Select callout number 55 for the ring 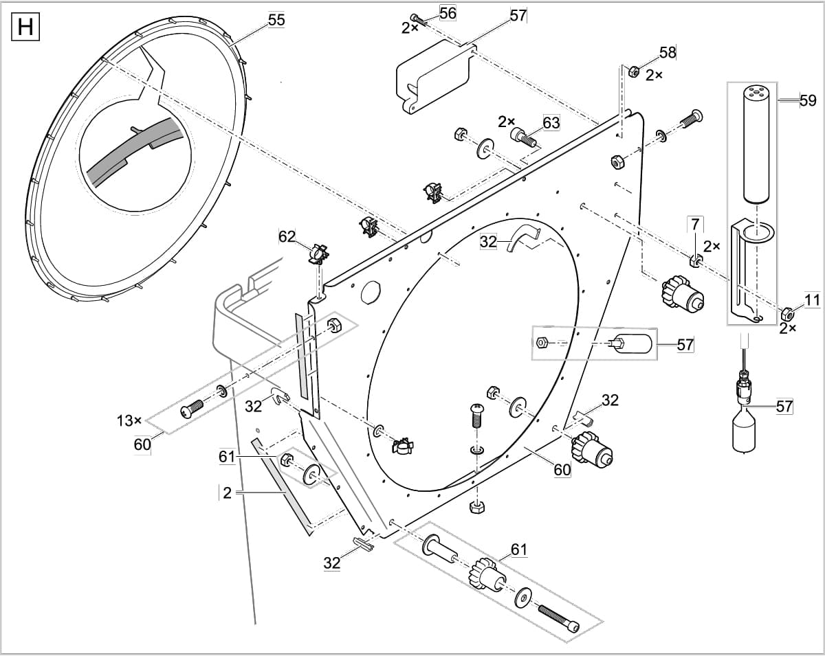(276, 20)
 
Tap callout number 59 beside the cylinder (808, 101)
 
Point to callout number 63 (551, 123)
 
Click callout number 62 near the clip (287, 237)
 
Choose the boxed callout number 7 (695, 223)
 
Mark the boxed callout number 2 (228, 493)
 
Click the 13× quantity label (129, 420)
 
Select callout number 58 (668, 52)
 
